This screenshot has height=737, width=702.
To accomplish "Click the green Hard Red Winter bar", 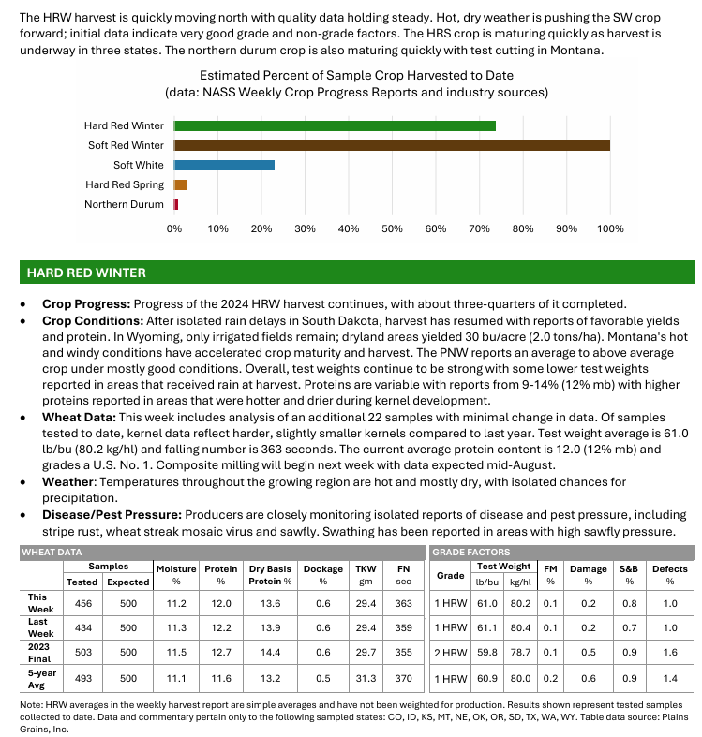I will pos(335,125).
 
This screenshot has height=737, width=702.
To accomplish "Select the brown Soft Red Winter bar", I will pos(392,145).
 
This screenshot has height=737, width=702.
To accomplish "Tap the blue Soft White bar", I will pos(224,165).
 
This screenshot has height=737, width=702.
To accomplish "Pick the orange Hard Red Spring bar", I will pos(181,184).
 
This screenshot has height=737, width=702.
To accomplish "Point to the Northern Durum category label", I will pos(124,204).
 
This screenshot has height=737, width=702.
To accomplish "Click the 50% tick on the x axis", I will pos(392,228).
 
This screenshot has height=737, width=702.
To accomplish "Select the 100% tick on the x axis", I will pos(610,228).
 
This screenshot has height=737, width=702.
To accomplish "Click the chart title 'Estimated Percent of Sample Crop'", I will pos(356,75).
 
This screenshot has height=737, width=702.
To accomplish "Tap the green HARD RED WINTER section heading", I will pos(86,273).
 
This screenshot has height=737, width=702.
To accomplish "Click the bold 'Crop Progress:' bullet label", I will pos(86,304).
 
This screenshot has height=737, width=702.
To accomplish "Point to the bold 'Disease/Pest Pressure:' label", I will pos(112,515).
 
